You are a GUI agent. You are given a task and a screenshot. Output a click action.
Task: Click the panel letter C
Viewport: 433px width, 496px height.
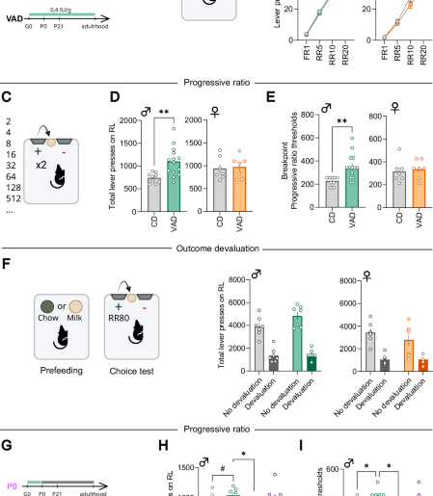pos(9,96)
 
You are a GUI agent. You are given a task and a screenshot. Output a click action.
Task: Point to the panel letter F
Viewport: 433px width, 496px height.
pos(8,259)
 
